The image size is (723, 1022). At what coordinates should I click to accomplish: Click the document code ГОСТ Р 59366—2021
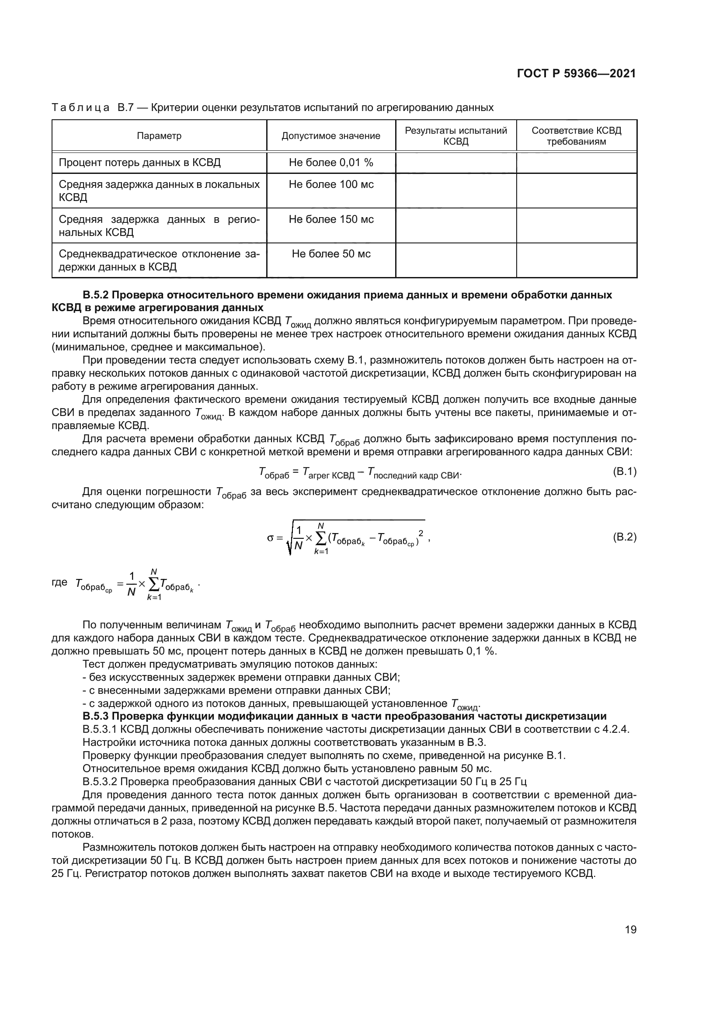pos(576,74)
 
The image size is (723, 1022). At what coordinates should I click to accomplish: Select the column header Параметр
pos(159,136)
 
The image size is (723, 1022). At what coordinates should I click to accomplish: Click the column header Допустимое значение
pos(331,136)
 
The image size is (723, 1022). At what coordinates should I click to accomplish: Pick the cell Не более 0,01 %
pos(331,163)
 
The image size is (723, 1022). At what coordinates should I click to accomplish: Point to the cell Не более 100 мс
pos(331,184)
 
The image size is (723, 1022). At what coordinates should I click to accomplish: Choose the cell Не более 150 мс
pos(331,219)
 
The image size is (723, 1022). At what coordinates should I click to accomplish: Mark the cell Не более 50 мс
pos(331,254)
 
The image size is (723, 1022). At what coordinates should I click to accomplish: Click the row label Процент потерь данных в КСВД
pos(140,163)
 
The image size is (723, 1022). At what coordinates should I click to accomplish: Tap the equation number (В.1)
pos(625,471)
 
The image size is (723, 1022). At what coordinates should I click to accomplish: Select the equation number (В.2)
pos(625,537)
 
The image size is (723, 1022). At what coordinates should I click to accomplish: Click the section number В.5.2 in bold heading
pos(95,295)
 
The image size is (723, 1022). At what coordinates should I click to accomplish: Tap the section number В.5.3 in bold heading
pos(95,716)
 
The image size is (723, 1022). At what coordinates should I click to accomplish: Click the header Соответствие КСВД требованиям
pos(576,136)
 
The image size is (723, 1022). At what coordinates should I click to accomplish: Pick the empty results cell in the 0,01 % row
pos(456,163)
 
